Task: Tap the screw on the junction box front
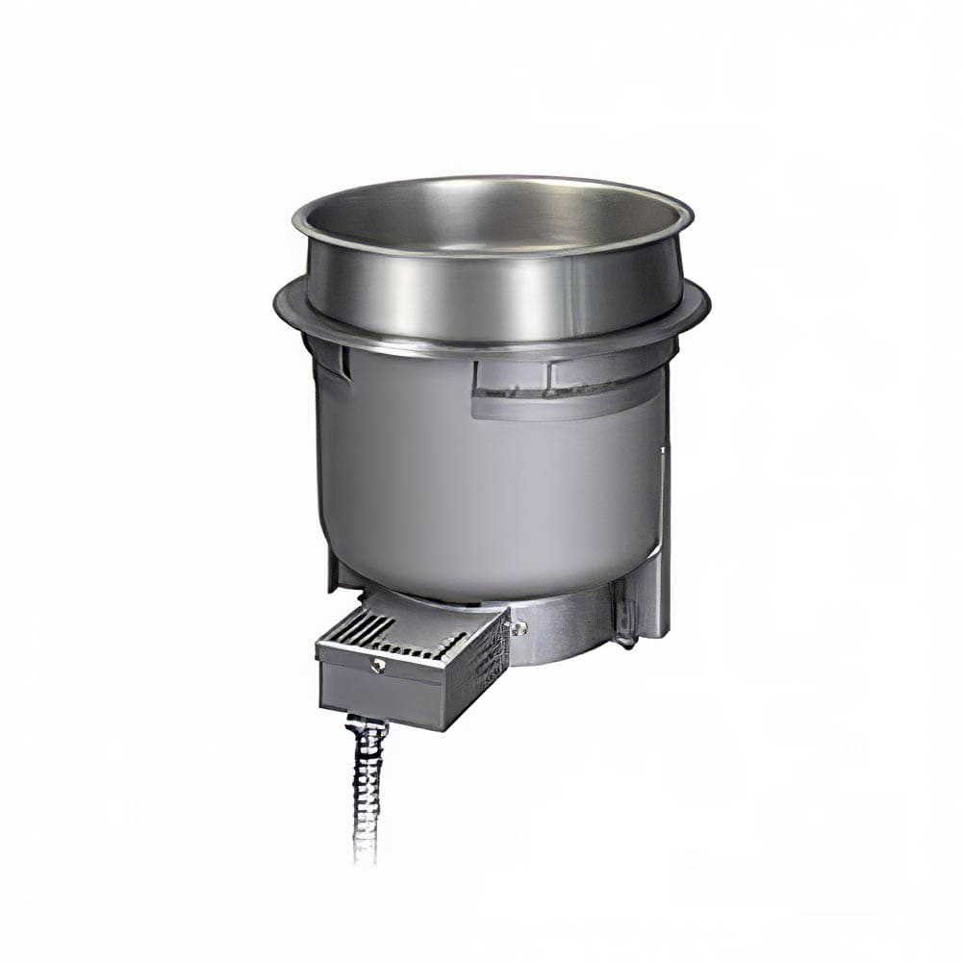(x=379, y=664)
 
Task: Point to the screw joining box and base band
(x=520, y=627)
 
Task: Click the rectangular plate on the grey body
(x=568, y=390)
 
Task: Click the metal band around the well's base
(x=577, y=625)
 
